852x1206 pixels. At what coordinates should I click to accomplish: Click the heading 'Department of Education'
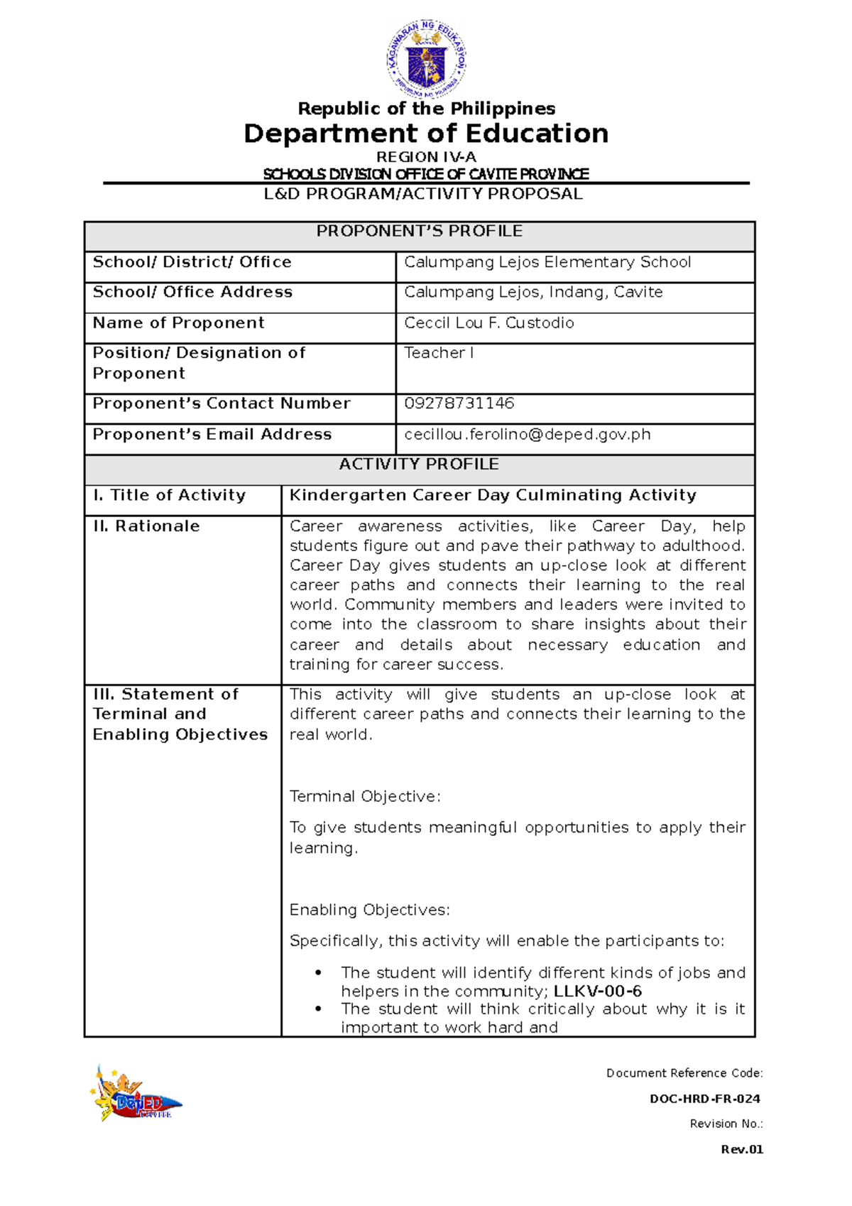[x=426, y=134]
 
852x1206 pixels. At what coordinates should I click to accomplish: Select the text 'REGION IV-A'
[x=426, y=157]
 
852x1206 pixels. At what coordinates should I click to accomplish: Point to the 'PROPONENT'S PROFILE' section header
[x=419, y=232]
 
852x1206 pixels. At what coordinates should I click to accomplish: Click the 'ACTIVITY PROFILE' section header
[x=419, y=465]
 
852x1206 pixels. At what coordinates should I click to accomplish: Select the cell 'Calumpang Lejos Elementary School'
[x=547, y=262]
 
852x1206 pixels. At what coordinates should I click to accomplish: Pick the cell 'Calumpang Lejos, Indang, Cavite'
[x=533, y=292]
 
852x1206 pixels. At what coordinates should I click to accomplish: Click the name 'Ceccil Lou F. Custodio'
[x=489, y=323]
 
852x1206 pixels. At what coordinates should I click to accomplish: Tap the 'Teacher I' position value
[x=439, y=353]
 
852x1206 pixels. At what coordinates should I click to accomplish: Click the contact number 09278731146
[x=459, y=403]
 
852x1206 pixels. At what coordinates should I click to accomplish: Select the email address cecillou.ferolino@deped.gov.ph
[x=528, y=435]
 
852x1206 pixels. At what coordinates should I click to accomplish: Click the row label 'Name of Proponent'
[x=178, y=323]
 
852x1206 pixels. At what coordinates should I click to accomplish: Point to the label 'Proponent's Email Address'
[x=212, y=435]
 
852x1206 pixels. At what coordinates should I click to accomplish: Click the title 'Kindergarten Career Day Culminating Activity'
[x=493, y=495]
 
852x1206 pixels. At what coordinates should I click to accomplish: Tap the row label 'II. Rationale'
[x=146, y=526]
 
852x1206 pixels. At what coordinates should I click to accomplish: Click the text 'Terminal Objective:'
[x=365, y=797]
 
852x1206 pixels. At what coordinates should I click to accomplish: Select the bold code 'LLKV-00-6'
[x=597, y=992]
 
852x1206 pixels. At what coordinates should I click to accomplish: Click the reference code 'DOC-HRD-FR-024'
[x=705, y=1099]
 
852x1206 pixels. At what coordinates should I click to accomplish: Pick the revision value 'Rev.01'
[x=742, y=1150]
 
